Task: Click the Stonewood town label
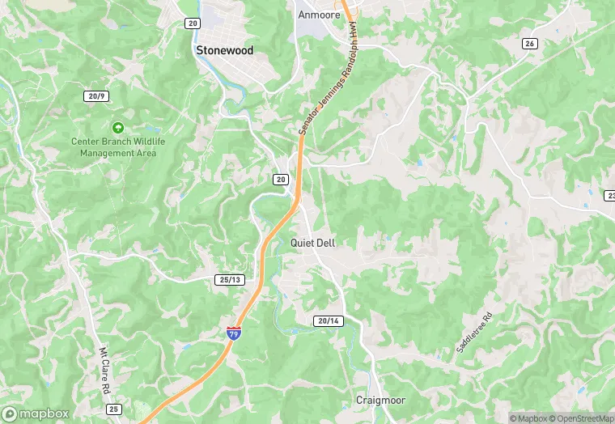click(224, 50)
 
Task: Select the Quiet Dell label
click(312, 243)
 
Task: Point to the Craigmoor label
click(380, 400)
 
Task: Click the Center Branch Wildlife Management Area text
click(118, 147)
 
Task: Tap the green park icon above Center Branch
click(118, 128)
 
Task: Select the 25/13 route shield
click(230, 280)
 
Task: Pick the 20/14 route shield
click(329, 321)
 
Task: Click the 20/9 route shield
click(96, 96)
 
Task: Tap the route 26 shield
click(529, 43)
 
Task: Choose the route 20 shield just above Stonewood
click(192, 23)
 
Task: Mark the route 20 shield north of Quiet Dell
click(281, 179)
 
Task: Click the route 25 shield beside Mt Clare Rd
click(114, 409)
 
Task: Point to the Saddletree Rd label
click(473, 333)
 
